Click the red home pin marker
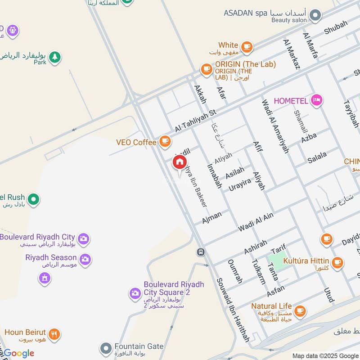pyautogui.click(x=180, y=162)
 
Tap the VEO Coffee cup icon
pyautogui.click(x=165, y=142)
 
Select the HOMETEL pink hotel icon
pyautogui.click(x=317, y=100)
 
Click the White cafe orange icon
pyautogui.click(x=246, y=46)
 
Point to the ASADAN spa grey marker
pyautogui.click(x=316, y=16)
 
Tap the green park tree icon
pyautogui.click(x=55, y=58)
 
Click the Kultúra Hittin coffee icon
pyautogui.click(x=337, y=261)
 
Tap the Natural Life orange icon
pyautogui.click(x=300, y=310)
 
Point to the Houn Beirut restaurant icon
pyautogui.click(x=54, y=334)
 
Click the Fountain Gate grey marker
pyautogui.click(x=106, y=348)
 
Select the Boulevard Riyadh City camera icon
pyautogui.click(x=83, y=239)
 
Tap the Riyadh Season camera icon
pyautogui.click(x=85, y=259)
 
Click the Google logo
pyautogui.click(x=19, y=353)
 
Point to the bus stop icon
pyautogui.click(x=201, y=252)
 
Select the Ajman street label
pyautogui.click(x=211, y=217)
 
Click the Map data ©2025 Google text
pyautogui.click(x=325, y=355)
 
